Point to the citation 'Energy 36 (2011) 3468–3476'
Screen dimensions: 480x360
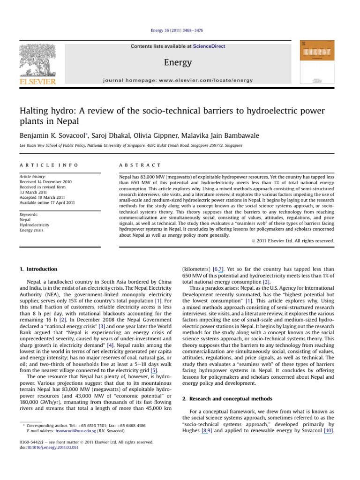coord(180,31)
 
